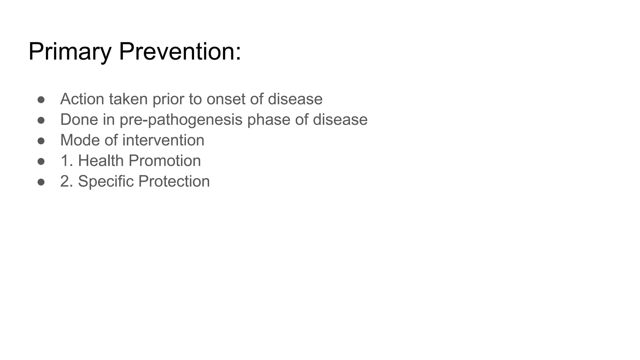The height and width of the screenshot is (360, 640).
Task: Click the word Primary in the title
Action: pos(70,52)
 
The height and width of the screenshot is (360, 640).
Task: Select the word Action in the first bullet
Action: pos(82,99)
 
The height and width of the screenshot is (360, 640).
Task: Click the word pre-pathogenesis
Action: pos(181,120)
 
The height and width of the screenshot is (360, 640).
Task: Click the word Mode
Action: pos(80,140)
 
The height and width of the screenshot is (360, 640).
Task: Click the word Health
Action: pos(101,161)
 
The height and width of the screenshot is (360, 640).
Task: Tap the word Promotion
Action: pos(165,161)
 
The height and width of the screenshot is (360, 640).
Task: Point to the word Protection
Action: pos(174,181)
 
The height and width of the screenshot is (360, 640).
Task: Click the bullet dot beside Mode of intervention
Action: pos(41,141)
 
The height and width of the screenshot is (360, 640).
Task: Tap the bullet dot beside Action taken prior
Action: pos(41,100)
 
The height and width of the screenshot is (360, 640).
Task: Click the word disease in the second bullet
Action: pos(340,120)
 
